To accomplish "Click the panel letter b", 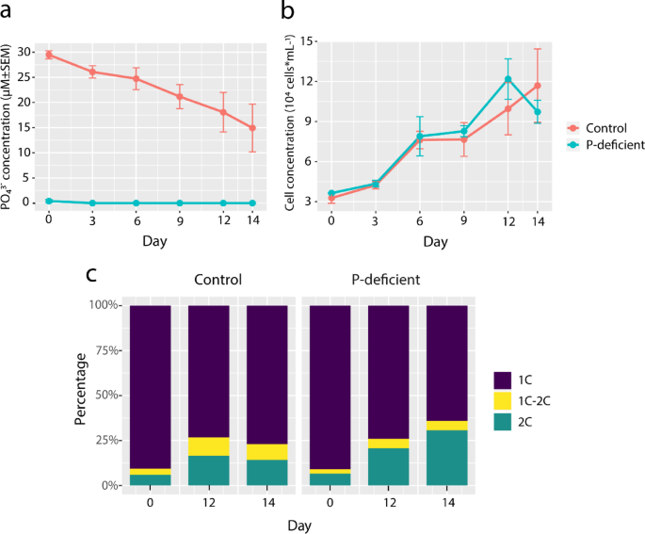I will point(289,12).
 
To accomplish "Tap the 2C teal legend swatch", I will point(503,422).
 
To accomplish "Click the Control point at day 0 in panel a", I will point(49,55).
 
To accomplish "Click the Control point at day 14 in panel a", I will point(253,127).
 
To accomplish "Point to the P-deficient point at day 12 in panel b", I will point(508,79).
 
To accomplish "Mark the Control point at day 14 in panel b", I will point(538,86).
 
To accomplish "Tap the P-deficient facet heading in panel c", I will point(381,281).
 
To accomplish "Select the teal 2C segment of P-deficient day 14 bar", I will point(446,458).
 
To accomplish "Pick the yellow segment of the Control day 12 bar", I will point(207,446).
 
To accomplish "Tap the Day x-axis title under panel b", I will point(434,241).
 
